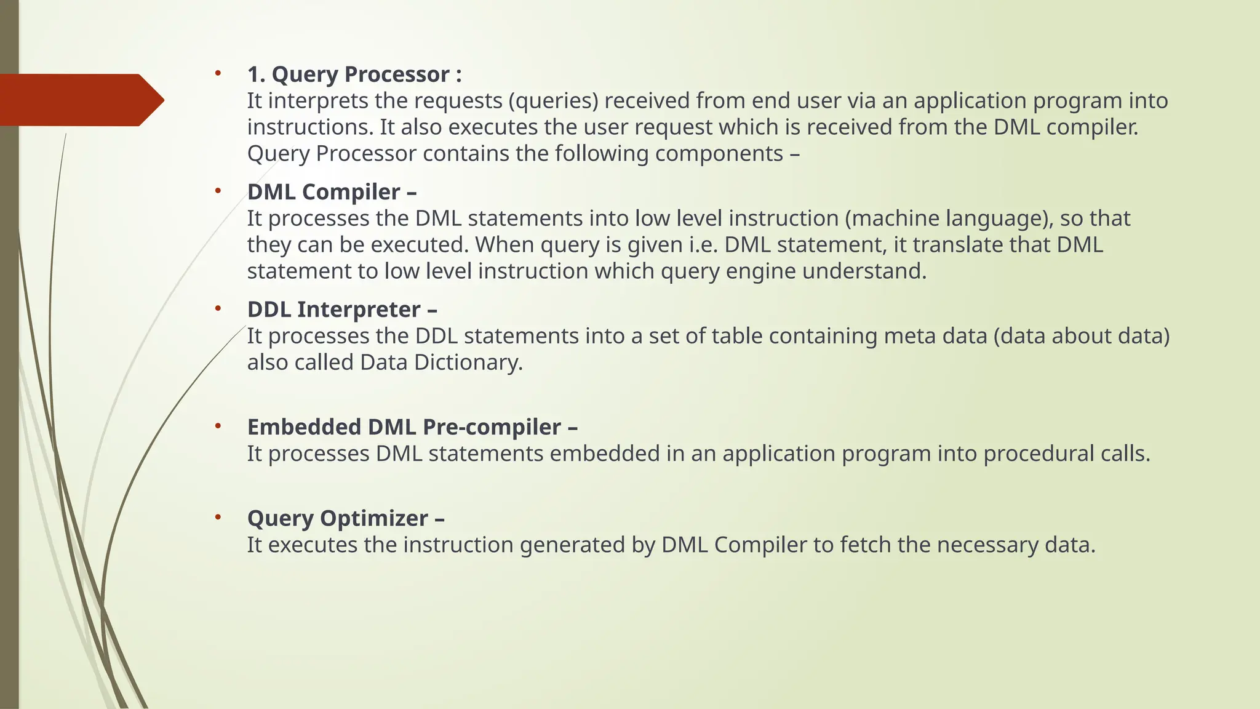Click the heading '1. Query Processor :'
click(x=354, y=74)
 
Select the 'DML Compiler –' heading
click(x=332, y=192)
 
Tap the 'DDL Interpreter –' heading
click(x=342, y=310)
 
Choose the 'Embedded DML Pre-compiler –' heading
click(x=412, y=427)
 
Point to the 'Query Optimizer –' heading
click(x=346, y=518)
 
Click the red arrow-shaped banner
click(x=80, y=100)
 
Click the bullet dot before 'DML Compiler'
click(x=218, y=191)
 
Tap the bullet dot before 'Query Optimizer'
click(x=218, y=518)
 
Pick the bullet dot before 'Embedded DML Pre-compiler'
click(x=218, y=427)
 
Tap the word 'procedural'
click(x=1035, y=454)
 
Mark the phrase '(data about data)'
click(x=1081, y=336)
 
